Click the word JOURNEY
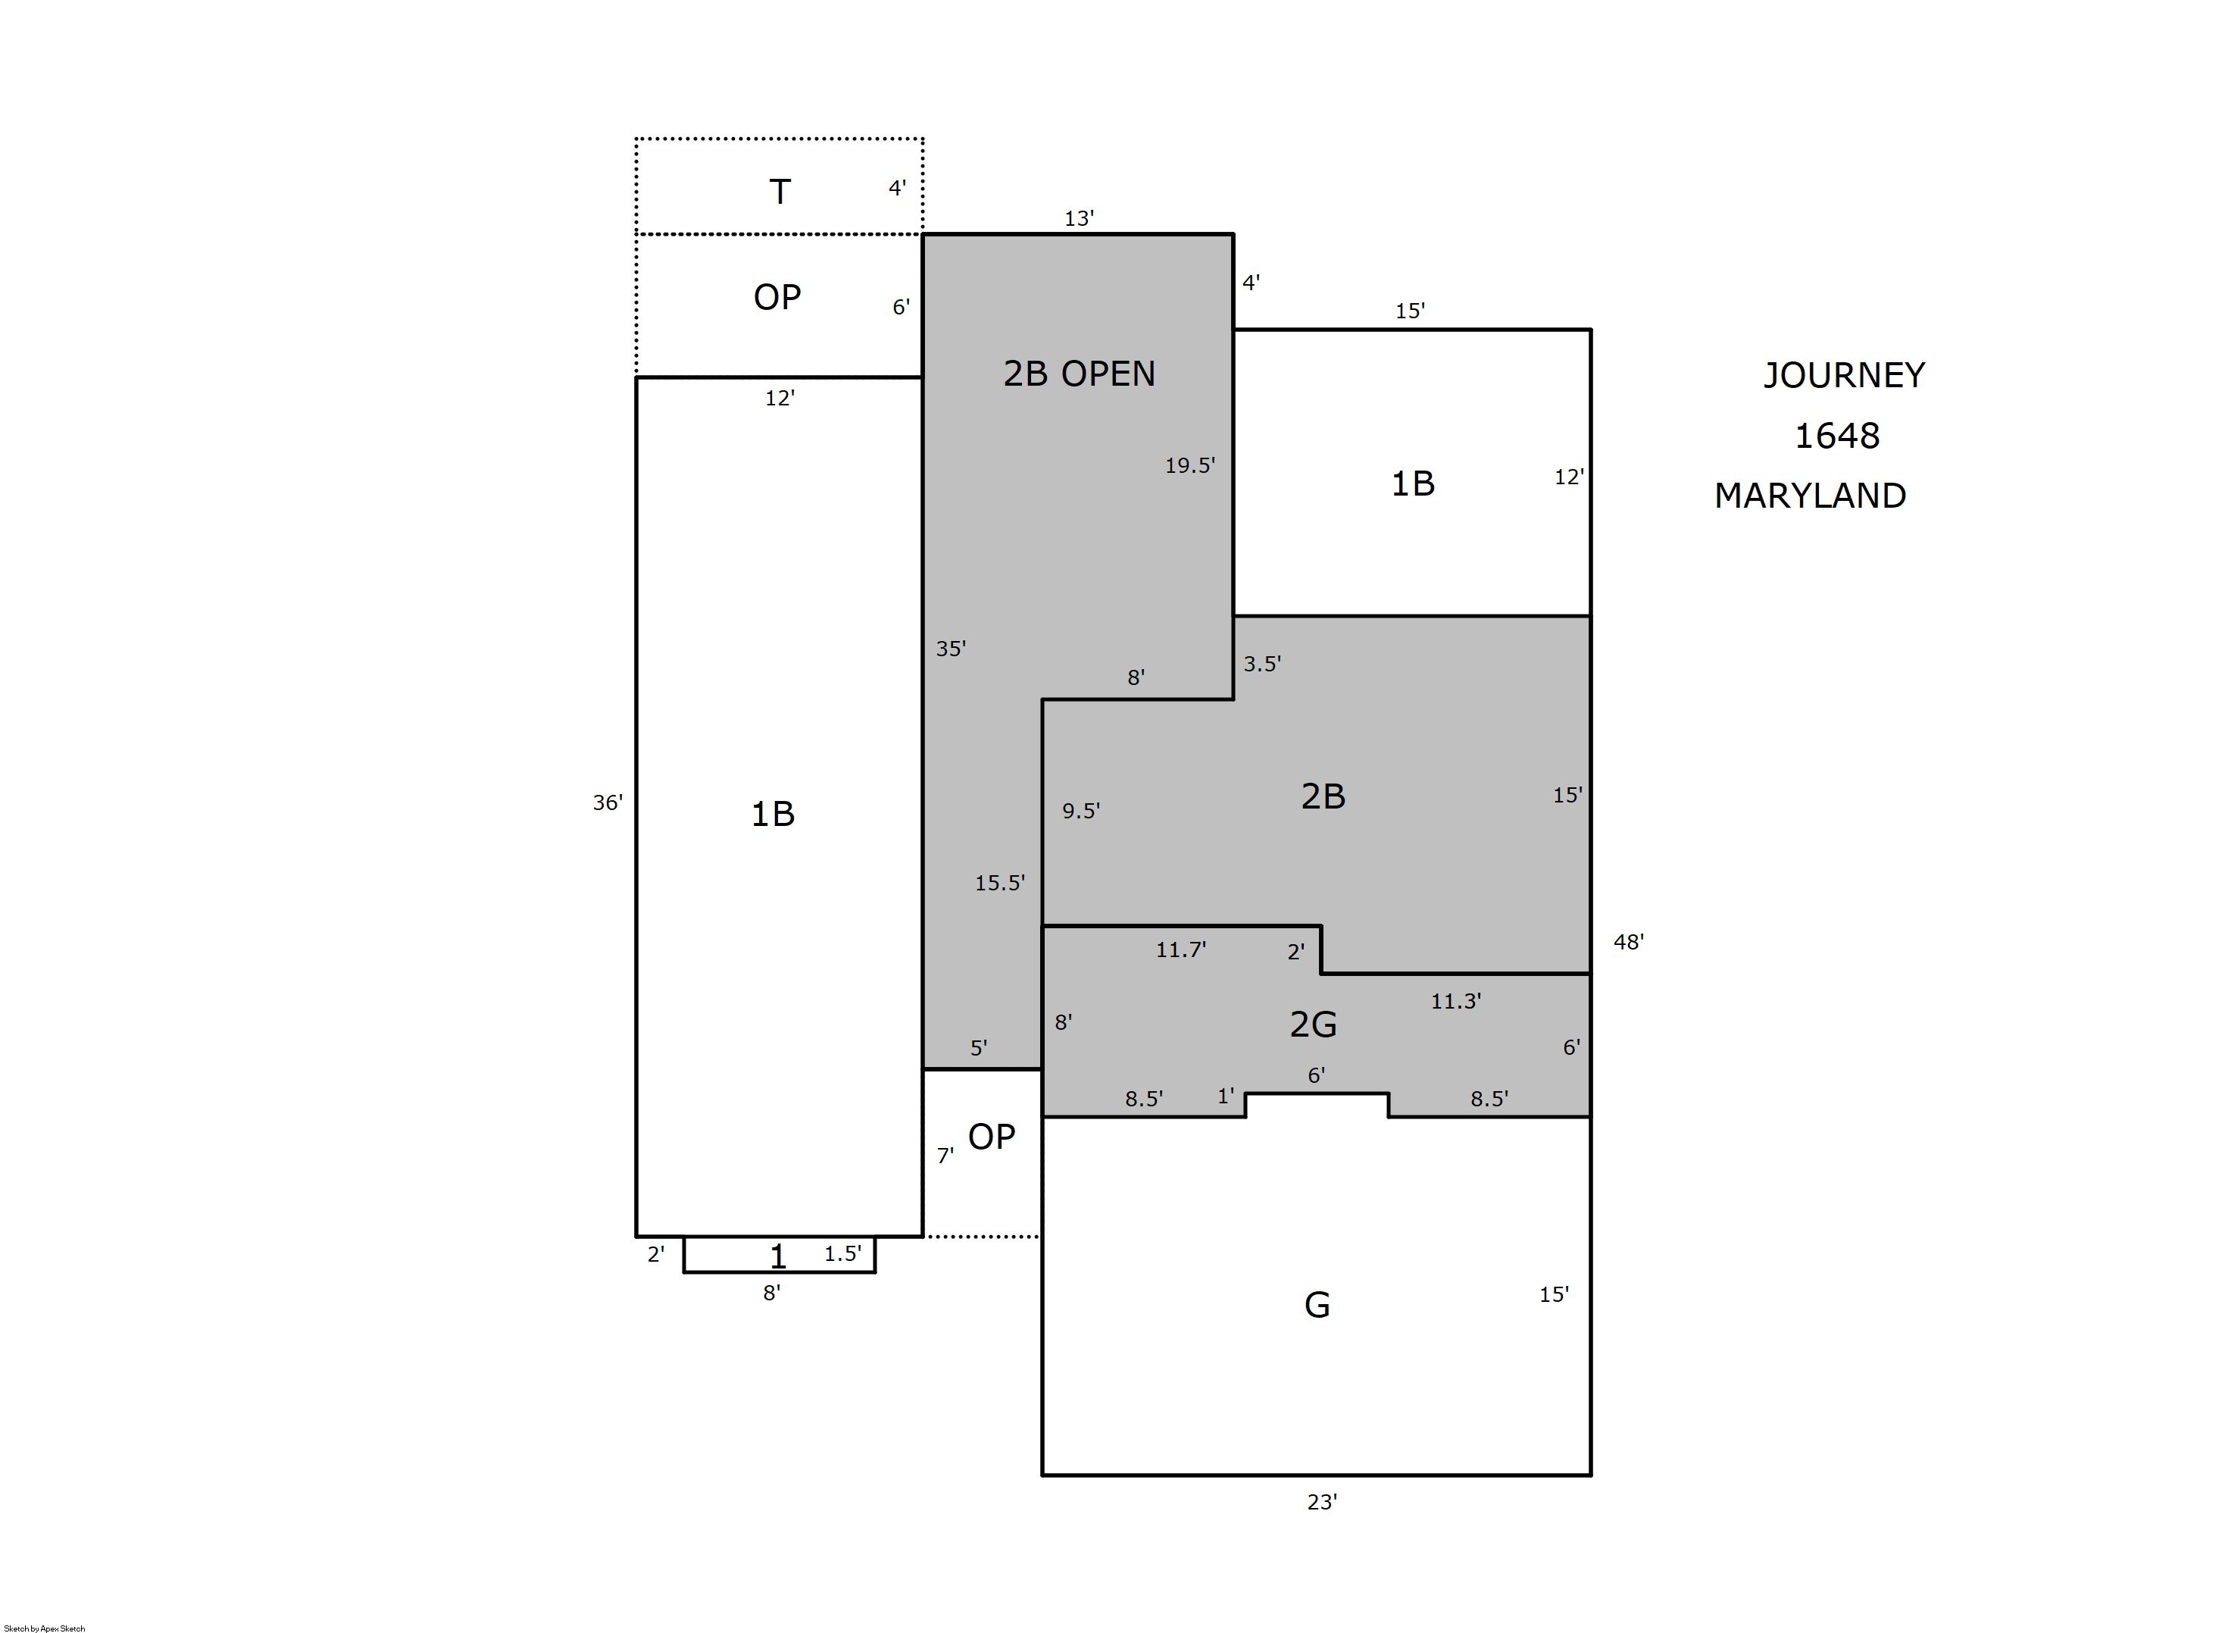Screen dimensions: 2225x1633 point(1844,376)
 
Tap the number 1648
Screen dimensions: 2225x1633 point(1836,436)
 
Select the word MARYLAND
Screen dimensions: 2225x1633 point(1810,496)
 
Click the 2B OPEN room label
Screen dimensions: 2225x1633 point(1079,374)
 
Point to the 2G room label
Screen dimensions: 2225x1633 point(1313,1024)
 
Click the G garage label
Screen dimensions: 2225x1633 point(1317,1305)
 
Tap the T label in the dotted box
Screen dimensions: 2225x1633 point(780,192)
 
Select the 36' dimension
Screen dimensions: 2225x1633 point(608,802)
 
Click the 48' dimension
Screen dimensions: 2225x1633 point(1628,942)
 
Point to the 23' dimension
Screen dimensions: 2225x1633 point(1322,1503)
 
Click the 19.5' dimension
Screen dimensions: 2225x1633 point(1189,465)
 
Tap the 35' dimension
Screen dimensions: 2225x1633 point(951,649)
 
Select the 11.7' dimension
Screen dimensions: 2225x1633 point(1180,950)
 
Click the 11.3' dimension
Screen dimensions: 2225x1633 point(1455,1001)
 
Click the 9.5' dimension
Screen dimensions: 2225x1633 point(1081,811)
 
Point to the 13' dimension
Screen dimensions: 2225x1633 point(1079,218)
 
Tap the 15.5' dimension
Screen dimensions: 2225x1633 point(1000,883)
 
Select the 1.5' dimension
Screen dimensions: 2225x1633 point(842,1253)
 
